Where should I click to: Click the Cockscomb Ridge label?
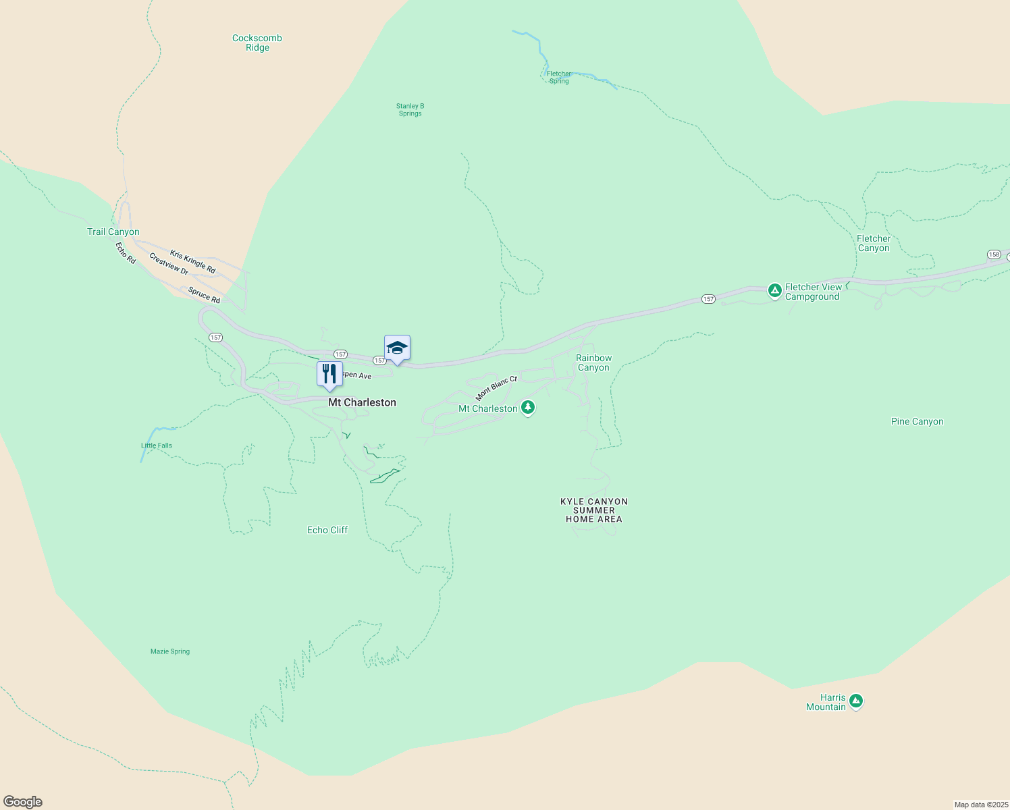257,43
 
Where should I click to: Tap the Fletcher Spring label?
559,78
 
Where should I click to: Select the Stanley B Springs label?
410,110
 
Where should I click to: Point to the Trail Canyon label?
113,232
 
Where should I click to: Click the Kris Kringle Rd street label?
192,262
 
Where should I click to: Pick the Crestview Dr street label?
169,264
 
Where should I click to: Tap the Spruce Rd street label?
204,295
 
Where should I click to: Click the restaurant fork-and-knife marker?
329,373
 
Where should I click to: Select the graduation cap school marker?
397,348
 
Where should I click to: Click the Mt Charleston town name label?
362,402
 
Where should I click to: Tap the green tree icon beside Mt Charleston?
528,408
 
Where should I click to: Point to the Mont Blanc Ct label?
496,388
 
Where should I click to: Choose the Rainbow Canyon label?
593,363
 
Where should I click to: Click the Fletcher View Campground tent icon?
775,291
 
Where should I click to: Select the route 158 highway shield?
994,254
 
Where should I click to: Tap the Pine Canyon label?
917,422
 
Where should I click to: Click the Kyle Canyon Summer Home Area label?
594,510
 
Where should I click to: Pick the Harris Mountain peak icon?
856,701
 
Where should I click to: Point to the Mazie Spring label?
170,651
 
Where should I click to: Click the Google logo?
23,802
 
